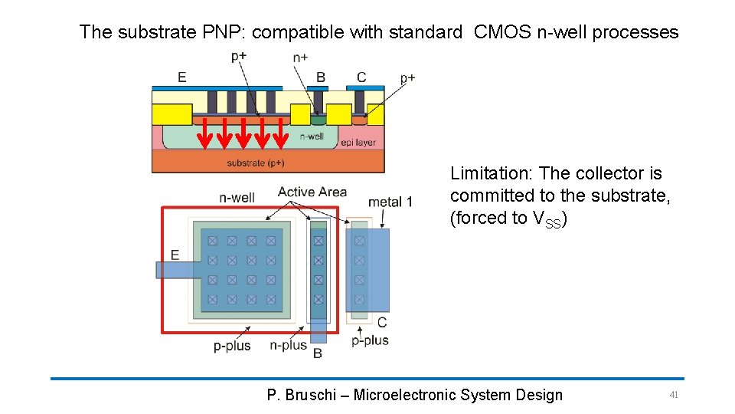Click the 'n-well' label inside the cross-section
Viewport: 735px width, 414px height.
(311, 136)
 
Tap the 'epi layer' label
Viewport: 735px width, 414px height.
(358, 142)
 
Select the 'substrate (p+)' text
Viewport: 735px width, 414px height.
(256, 163)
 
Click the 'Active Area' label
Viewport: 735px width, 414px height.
(312, 192)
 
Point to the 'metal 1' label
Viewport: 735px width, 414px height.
(390, 202)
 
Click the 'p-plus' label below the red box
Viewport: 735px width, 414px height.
(232, 346)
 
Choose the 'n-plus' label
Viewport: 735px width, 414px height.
(288, 346)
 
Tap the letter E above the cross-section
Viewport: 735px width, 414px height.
(181, 77)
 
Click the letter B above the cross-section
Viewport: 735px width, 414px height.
(321, 77)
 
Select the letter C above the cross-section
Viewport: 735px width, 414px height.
(361, 77)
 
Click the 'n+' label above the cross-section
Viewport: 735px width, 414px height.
(301, 58)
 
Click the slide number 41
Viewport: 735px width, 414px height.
(674, 395)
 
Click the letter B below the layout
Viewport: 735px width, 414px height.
(318, 353)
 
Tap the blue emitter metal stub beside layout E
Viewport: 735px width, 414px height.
(173, 270)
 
